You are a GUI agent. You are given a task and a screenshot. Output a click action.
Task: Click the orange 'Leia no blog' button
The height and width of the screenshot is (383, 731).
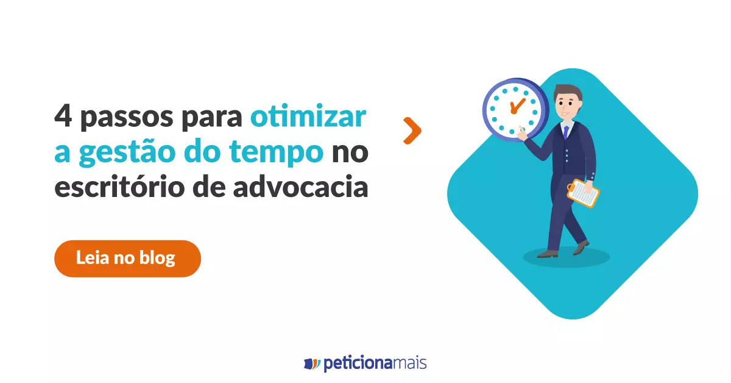pos(127,259)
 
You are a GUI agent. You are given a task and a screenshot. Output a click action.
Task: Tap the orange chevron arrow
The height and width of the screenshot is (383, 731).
pos(412,131)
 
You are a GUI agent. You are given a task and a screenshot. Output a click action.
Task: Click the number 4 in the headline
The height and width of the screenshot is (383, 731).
pos(63,115)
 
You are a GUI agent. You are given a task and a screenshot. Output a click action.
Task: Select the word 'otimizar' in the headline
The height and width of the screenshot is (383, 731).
pos(308,115)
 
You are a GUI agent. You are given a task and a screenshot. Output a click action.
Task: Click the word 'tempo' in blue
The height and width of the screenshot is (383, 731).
pos(276,152)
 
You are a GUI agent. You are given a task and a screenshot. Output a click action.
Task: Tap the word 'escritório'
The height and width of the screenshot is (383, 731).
pos(119,186)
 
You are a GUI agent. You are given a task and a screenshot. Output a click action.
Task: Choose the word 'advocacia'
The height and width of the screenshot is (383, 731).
pos(300,186)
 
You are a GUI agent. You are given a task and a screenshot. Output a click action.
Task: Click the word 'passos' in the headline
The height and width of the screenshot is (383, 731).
pos(127,118)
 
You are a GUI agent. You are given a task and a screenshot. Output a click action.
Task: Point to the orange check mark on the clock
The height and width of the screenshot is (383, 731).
pos(517,106)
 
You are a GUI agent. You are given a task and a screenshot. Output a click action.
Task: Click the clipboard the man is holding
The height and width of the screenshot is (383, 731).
pos(583,193)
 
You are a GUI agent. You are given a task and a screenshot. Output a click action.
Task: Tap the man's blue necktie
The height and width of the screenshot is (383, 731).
pos(566,132)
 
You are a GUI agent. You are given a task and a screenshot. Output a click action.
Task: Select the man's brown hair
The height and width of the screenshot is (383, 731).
pos(568,91)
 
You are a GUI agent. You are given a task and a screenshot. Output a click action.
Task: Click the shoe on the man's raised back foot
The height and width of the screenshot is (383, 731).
pos(581,248)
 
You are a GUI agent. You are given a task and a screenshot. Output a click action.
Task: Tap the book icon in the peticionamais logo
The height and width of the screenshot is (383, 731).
pos(312,363)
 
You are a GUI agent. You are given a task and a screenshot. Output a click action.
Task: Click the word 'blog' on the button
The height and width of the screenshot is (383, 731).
pos(157,258)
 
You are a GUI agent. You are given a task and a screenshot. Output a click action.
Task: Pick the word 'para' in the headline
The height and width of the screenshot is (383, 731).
pos(212,118)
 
